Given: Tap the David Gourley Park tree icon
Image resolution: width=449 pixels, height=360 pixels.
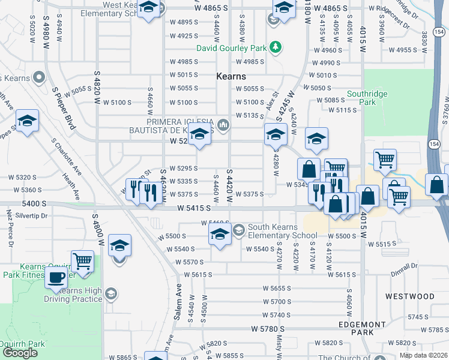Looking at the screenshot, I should (x=275, y=47).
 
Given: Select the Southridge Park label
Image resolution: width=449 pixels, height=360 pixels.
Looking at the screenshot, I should (x=367, y=98).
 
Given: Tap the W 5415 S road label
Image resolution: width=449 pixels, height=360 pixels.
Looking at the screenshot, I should (x=194, y=208).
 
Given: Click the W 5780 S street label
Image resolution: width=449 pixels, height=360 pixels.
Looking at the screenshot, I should (x=268, y=329).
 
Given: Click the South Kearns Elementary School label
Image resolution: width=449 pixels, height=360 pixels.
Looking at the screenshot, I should (x=283, y=231).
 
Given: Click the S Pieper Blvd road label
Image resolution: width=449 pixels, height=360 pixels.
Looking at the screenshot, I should (x=65, y=109).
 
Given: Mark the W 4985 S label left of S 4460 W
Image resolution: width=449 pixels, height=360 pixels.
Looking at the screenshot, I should (x=184, y=62).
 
